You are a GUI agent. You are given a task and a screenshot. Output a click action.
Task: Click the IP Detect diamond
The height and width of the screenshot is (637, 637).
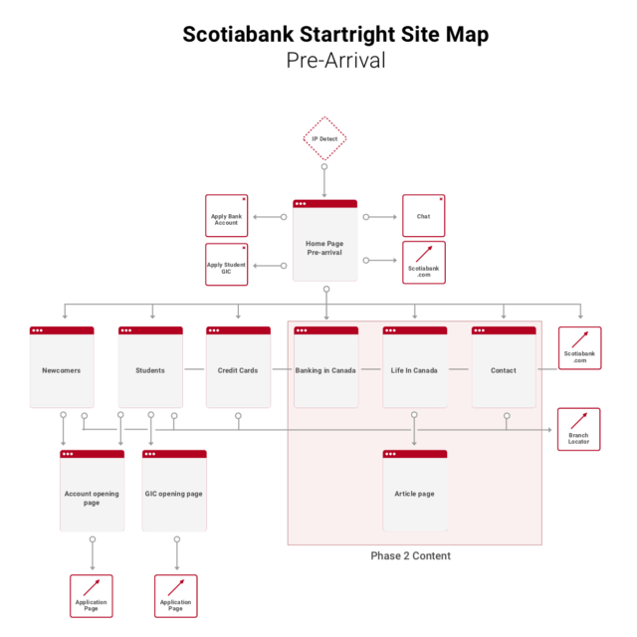click(324, 138)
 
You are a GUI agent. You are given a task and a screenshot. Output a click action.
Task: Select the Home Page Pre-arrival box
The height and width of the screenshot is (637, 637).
click(325, 240)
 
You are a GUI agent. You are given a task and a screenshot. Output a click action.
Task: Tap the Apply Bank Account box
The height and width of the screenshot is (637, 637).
click(227, 216)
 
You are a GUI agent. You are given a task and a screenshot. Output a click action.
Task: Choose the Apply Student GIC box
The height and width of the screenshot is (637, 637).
click(227, 265)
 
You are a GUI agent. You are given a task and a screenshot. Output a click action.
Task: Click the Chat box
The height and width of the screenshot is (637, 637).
click(424, 216)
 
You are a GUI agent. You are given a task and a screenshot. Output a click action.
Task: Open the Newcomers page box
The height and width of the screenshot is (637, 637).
click(62, 367)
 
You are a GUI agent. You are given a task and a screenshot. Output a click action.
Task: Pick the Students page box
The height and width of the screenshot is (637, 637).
click(150, 367)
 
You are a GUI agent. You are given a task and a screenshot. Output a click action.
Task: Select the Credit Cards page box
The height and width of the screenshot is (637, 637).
click(239, 367)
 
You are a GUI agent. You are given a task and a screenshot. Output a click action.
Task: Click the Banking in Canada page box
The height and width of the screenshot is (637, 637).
click(326, 367)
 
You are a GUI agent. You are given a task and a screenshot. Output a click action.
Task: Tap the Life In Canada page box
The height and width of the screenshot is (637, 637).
click(415, 367)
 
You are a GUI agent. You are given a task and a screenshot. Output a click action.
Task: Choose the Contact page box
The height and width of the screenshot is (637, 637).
click(504, 367)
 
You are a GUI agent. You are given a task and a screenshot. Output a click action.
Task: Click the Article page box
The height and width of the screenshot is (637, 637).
click(415, 491)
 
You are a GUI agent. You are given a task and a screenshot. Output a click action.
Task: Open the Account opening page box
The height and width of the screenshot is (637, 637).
click(93, 491)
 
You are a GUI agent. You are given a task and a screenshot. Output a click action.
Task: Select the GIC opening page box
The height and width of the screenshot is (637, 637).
click(174, 491)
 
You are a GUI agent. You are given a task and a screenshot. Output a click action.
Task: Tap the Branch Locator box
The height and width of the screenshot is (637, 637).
click(579, 429)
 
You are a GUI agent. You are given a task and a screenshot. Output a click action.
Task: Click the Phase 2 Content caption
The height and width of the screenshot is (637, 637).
click(410, 555)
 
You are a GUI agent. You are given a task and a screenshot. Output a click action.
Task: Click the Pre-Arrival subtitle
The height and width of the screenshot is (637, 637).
click(335, 61)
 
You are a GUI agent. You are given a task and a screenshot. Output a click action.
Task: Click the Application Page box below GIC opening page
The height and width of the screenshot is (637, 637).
click(176, 596)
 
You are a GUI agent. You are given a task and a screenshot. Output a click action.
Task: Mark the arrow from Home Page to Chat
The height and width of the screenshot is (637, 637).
click(380, 217)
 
